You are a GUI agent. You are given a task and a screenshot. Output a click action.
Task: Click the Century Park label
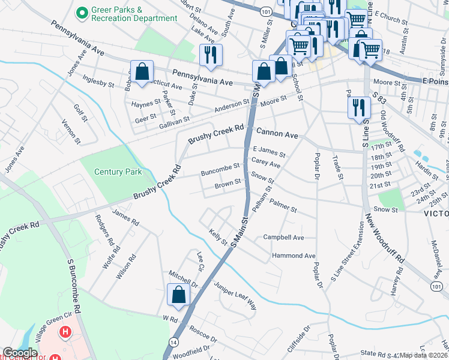pos(118,172)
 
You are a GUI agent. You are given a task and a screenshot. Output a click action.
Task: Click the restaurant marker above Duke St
pos(211,56)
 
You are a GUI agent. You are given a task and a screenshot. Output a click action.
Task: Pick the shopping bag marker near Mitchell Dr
pos(178,295)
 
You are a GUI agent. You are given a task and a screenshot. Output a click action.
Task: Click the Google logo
pos(20,353)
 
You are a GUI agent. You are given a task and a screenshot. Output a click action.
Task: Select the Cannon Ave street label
pos(277,133)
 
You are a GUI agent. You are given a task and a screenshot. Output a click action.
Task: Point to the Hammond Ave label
pos(294,256)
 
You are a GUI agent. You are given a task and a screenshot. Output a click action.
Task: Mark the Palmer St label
pos(283,206)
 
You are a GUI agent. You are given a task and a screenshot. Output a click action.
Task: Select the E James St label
pos(268,151)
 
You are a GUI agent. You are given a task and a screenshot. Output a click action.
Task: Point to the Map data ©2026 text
pos(423,355)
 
